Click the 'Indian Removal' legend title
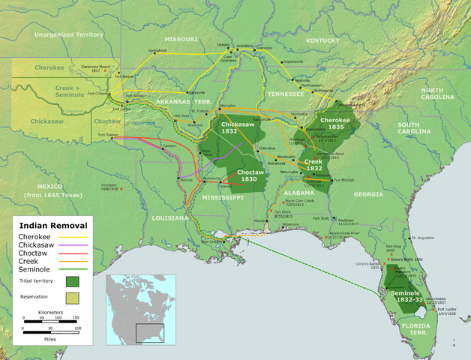click(x=52, y=225)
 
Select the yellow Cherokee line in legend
click(x=75, y=237)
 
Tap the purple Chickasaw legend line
click(x=75, y=245)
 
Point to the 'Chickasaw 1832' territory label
click(x=238, y=127)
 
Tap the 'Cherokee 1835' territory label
click(x=335, y=123)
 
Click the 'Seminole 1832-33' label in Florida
click(x=405, y=295)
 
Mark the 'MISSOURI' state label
click(x=181, y=39)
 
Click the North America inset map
click(x=140, y=307)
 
